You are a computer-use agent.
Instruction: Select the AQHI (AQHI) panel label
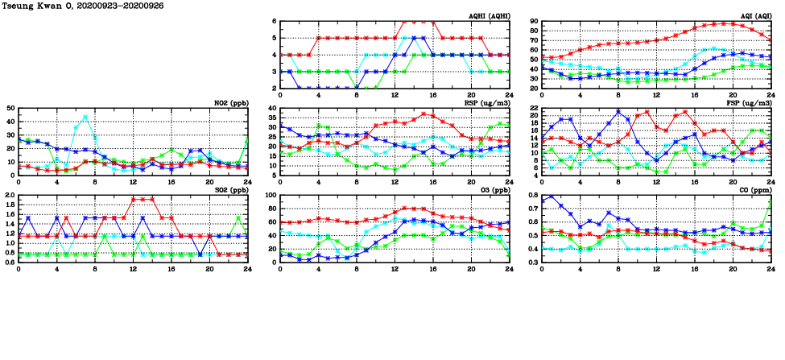(488, 16)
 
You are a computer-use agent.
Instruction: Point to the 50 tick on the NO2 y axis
(9, 108)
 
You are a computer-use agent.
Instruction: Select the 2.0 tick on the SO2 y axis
(9, 196)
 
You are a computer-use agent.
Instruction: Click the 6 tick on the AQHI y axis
(273, 21)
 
